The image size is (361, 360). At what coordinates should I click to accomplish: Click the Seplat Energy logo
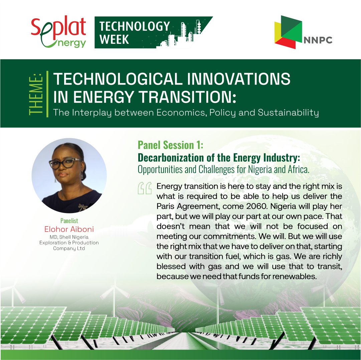click(x=58, y=32)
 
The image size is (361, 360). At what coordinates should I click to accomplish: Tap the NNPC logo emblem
click(x=288, y=32)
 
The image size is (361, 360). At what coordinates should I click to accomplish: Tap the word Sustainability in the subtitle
click(x=288, y=113)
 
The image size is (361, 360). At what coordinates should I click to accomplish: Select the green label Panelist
click(x=69, y=221)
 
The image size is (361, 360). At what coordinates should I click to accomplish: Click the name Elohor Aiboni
click(x=69, y=229)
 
